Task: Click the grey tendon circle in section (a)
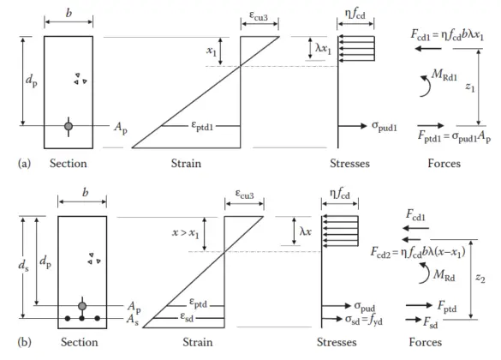[x=69, y=126]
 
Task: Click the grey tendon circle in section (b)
[x=82, y=306]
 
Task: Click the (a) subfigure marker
[x=13, y=163]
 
